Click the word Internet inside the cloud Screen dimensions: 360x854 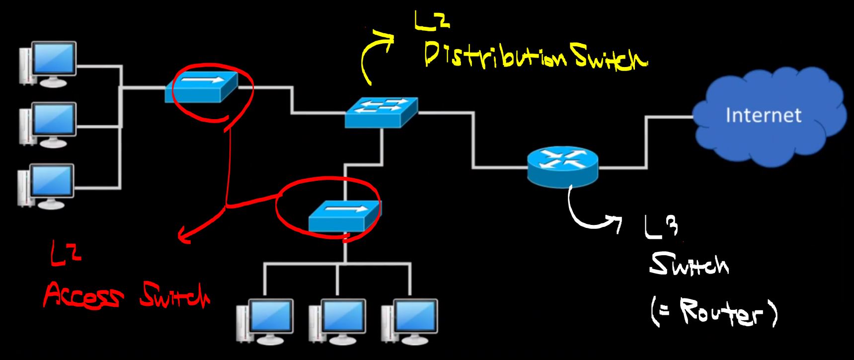pos(763,116)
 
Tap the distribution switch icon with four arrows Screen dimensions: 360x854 pos(382,113)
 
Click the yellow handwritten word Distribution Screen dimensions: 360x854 pos(495,57)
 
